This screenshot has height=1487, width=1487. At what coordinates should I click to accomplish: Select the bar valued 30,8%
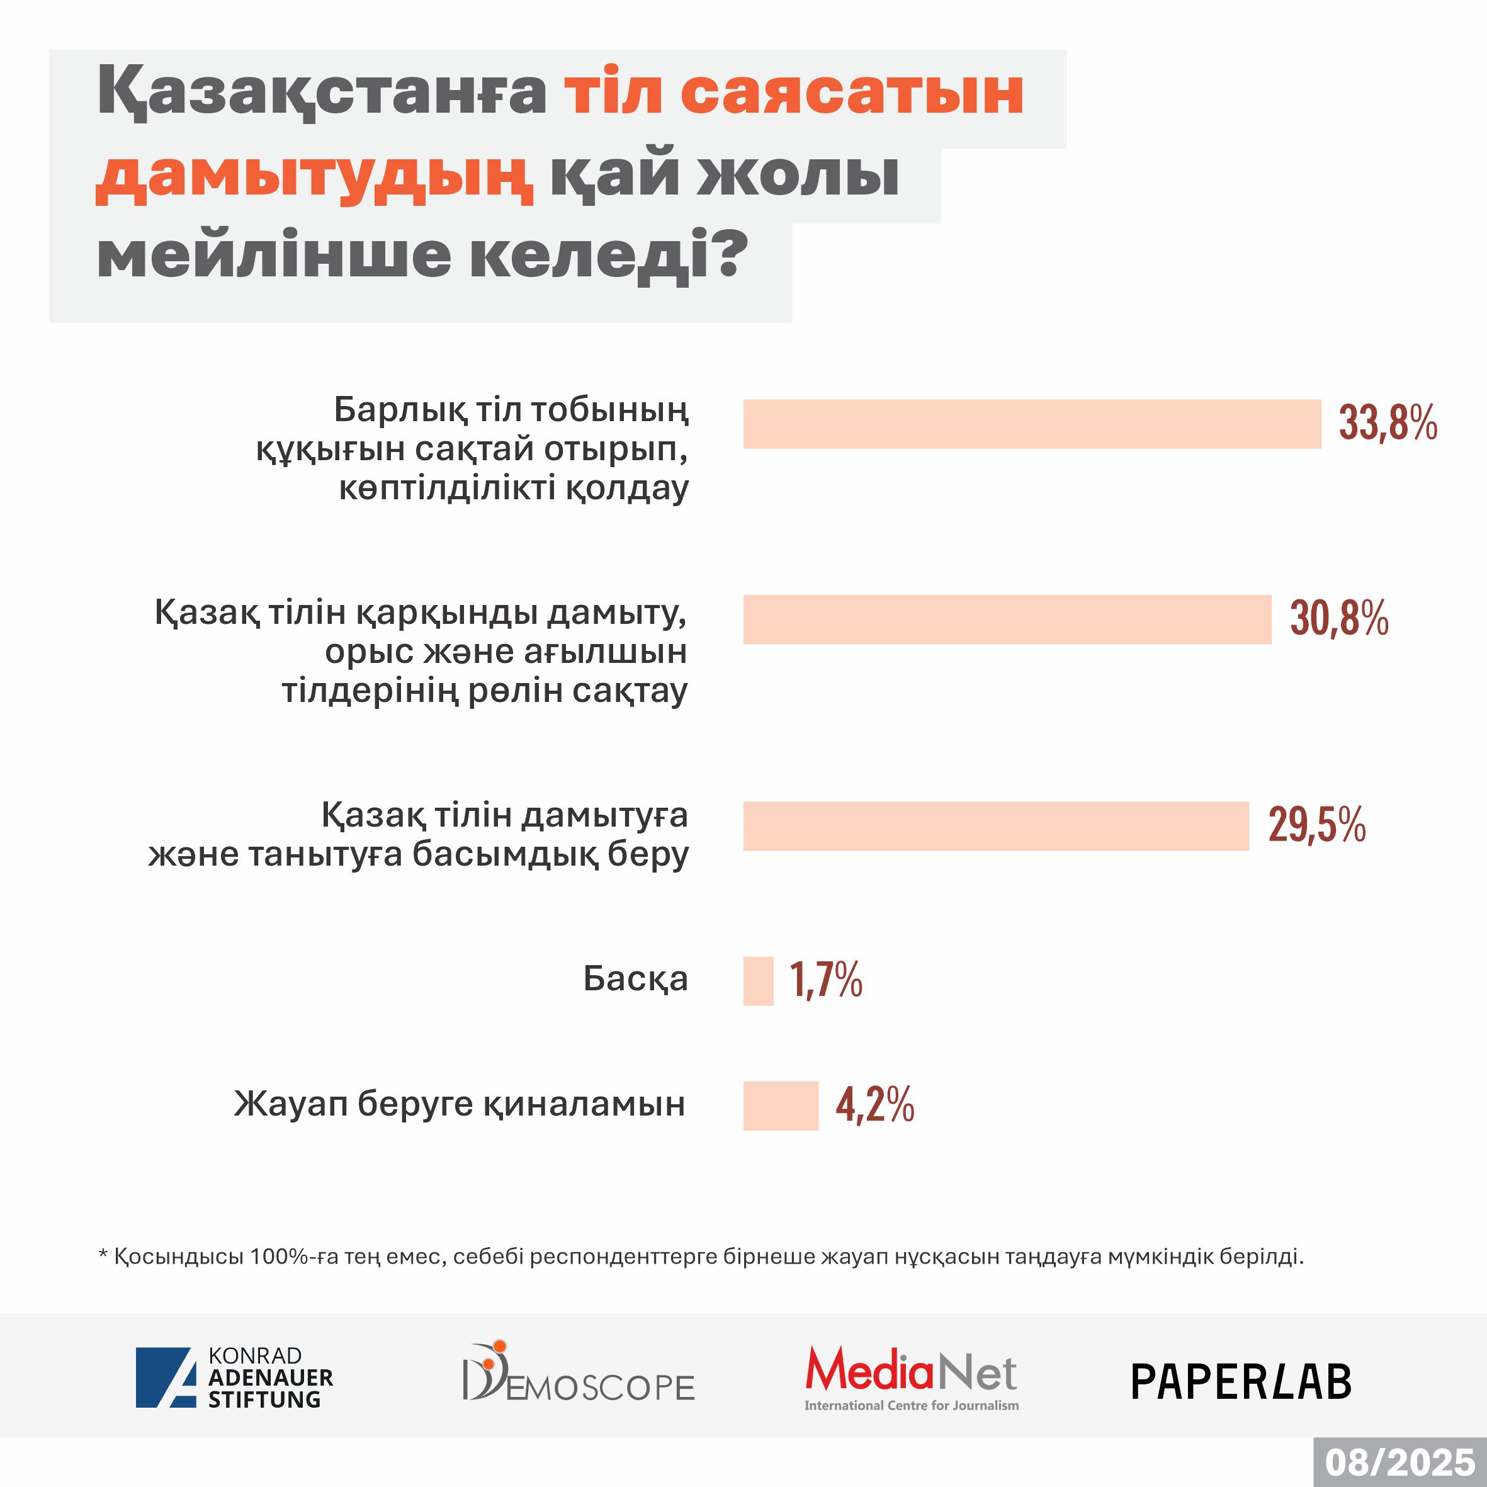(x=1007, y=619)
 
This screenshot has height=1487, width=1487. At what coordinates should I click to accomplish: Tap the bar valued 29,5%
(x=995, y=826)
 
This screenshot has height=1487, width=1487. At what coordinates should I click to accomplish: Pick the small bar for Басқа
(x=758, y=981)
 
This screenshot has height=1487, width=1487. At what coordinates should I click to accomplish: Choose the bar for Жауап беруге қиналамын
(x=781, y=1105)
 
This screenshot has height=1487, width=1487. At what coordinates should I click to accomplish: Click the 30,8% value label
(x=1339, y=619)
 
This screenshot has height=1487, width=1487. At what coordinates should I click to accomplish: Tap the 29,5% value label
(x=1317, y=826)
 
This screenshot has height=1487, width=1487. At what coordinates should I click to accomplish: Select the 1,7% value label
(x=826, y=981)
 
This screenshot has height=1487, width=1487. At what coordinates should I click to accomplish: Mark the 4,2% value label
(x=875, y=1105)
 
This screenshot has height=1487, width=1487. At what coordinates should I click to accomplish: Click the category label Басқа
(x=635, y=979)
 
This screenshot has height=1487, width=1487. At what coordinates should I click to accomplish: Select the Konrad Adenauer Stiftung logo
(x=235, y=1377)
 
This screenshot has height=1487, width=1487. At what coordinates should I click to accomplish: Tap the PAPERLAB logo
(x=1241, y=1382)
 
